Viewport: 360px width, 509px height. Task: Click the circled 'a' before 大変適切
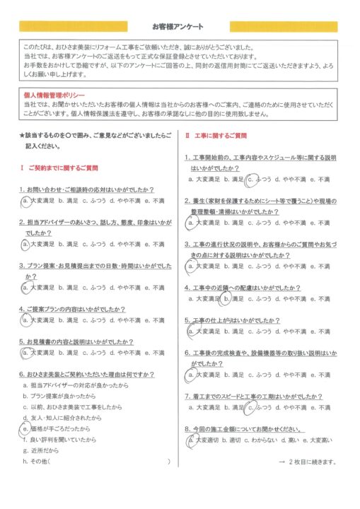tap(190, 440)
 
